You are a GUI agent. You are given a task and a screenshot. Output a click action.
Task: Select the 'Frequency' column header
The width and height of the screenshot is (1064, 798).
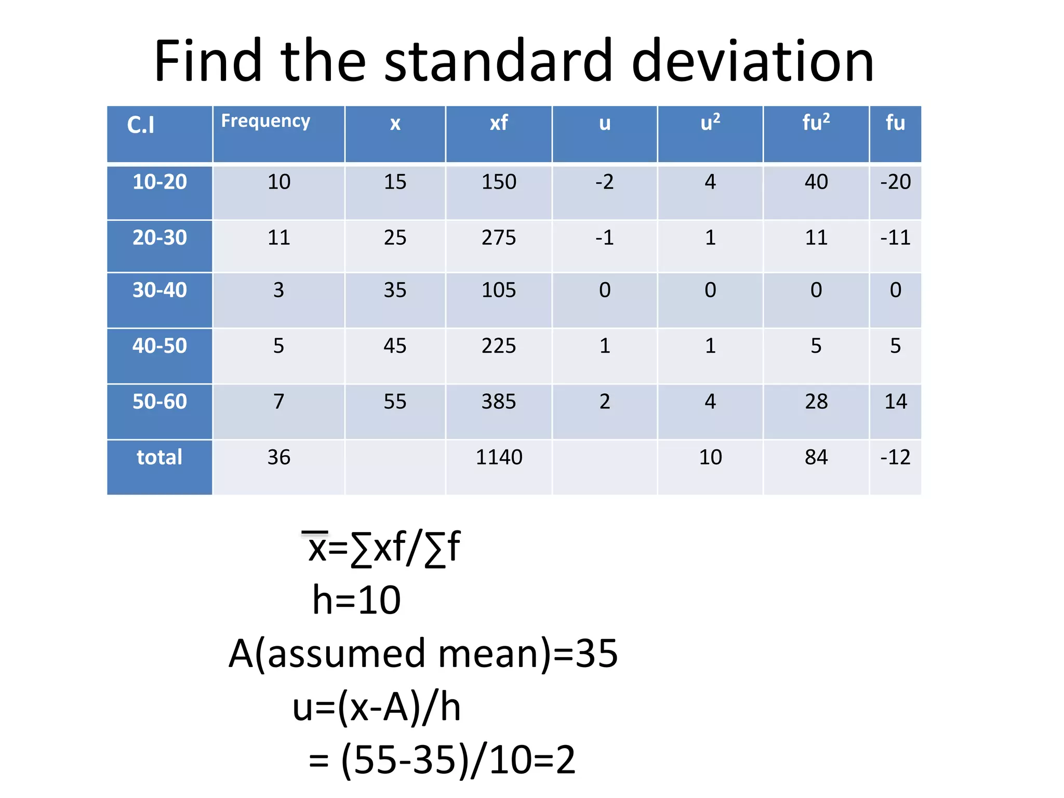(x=265, y=121)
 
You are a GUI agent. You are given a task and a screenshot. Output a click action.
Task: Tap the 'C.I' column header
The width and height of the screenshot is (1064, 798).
(x=141, y=125)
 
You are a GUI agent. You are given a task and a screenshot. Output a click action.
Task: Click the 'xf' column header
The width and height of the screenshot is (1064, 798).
(x=499, y=123)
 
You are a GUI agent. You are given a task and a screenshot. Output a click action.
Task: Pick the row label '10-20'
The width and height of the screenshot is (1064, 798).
(x=159, y=182)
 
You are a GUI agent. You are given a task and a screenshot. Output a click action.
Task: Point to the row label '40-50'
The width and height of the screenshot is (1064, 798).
(x=159, y=346)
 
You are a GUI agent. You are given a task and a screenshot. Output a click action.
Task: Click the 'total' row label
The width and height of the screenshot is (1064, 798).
(x=159, y=457)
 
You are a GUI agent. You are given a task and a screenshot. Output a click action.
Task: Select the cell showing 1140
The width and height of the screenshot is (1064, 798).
(x=499, y=457)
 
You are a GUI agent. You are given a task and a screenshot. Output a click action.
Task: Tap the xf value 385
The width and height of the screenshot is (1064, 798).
(x=499, y=402)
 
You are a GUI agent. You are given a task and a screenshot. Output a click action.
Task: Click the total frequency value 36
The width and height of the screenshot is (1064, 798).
(x=279, y=457)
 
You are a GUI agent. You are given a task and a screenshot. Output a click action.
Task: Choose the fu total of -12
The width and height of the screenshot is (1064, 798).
(x=895, y=457)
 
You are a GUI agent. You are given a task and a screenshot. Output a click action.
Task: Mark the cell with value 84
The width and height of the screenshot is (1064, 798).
(x=816, y=457)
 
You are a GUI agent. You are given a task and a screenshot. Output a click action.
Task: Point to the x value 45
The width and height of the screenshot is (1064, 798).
(x=395, y=346)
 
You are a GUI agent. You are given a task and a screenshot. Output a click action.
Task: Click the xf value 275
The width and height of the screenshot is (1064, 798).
(x=499, y=238)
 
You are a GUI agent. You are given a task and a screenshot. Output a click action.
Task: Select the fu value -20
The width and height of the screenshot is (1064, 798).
(x=895, y=182)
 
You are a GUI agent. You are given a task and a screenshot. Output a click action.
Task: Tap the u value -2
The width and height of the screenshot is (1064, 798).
(x=604, y=182)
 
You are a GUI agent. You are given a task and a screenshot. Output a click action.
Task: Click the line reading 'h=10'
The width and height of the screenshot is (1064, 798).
(x=356, y=600)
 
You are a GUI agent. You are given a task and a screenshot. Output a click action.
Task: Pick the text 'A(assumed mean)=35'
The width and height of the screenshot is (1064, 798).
(x=423, y=654)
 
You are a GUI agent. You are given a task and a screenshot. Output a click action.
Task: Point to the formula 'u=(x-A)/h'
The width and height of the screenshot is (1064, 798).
(x=377, y=708)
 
